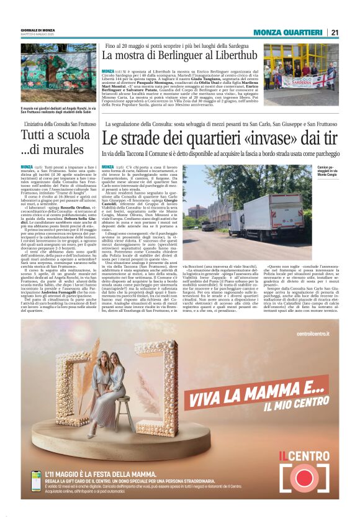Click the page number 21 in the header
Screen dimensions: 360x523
[335, 32]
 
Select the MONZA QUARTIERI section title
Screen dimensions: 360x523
[287, 32]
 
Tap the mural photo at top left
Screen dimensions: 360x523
[58, 74]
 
